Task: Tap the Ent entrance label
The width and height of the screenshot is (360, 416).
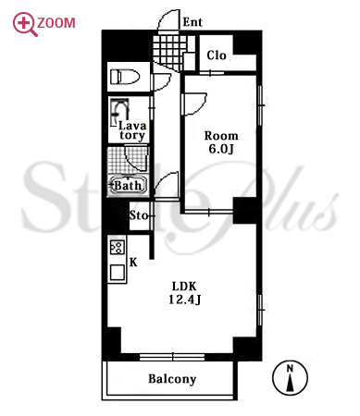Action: (x=192, y=22)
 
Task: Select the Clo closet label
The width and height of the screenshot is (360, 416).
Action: (x=217, y=55)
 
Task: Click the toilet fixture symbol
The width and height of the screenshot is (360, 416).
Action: (x=125, y=77)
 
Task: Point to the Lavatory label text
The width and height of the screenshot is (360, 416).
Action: (x=132, y=130)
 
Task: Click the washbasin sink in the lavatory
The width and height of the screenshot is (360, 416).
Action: (x=119, y=113)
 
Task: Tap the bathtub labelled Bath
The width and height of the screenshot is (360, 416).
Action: (x=128, y=185)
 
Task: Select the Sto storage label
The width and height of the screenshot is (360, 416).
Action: (x=138, y=215)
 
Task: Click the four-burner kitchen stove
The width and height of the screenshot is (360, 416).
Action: (x=118, y=248)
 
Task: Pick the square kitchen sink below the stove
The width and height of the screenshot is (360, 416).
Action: (x=118, y=273)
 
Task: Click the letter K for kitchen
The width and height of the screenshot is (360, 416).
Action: (x=133, y=263)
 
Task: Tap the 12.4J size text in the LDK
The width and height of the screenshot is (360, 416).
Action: (x=184, y=300)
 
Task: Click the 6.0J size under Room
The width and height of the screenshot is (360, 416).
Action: (x=221, y=149)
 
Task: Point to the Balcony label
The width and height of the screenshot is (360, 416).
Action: (x=172, y=379)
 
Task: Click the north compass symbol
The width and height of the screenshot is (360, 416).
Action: (x=290, y=378)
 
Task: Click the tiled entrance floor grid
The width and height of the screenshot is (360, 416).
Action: (x=169, y=53)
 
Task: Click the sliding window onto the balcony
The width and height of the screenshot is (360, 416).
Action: (x=172, y=357)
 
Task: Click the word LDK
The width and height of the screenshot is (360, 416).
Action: (x=184, y=287)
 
